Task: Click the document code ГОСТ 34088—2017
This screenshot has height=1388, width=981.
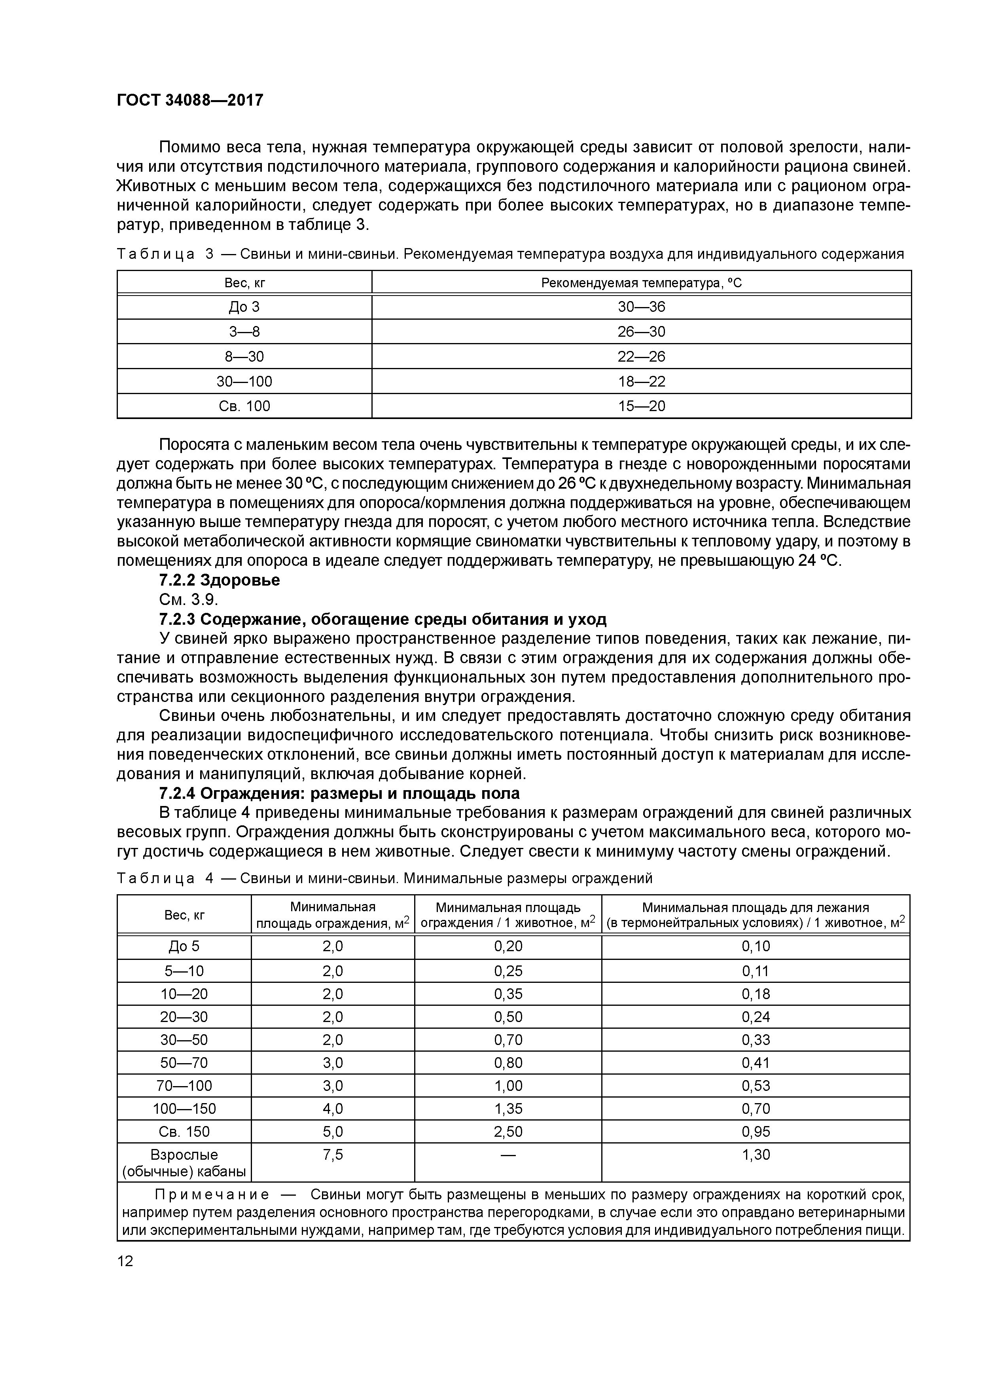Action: point(190,100)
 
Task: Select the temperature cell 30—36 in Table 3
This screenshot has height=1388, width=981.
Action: point(641,307)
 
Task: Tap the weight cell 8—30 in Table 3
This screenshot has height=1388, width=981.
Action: point(244,356)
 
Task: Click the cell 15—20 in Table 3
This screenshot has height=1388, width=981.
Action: point(641,406)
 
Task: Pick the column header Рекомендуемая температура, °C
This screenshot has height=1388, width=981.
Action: point(641,283)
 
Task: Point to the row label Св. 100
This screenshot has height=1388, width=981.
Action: point(244,406)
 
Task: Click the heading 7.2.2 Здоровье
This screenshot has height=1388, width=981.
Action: point(220,580)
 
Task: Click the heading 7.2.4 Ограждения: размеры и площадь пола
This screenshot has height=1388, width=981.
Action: point(339,793)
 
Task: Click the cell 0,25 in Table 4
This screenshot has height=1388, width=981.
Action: point(508,971)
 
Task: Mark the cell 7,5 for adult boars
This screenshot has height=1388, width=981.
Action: point(332,1155)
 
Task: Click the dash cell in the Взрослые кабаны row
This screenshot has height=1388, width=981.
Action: point(508,1155)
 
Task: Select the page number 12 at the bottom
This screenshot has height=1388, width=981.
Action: point(125,1261)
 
